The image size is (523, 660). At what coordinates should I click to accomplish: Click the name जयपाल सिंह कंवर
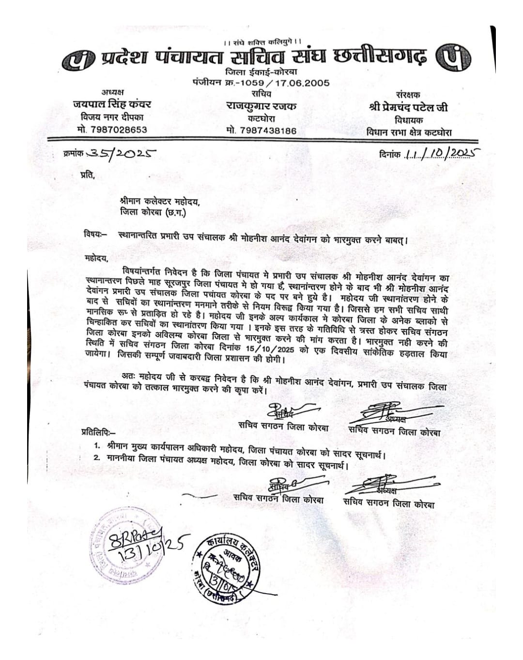point(112,104)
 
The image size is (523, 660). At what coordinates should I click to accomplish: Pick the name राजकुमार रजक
point(261,106)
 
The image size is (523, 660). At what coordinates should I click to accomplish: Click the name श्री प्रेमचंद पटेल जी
point(408,108)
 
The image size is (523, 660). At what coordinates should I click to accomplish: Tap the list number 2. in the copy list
point(97,457)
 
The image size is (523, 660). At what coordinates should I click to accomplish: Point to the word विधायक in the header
point(409,120)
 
